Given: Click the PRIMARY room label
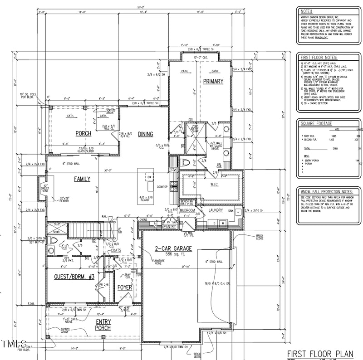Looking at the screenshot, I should tap(213, 82).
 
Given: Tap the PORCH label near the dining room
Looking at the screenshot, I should tap(83, 134).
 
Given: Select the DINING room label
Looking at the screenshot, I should tap(146, 134).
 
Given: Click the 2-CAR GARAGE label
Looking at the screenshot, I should tap(174, 248).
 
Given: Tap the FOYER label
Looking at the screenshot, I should tap(125, 288).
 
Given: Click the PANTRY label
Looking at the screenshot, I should tap(169, 226).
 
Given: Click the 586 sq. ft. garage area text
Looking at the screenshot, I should tap(174, 255).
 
